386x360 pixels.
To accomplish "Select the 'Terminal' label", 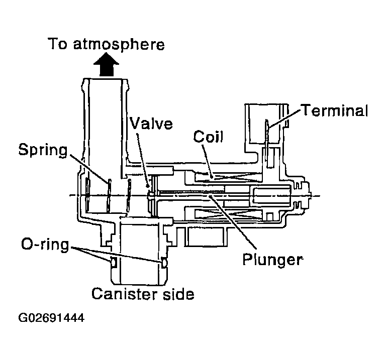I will [x=334, y=110].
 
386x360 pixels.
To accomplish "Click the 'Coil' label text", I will [x=208, y=137].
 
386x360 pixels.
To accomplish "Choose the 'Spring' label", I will [x=43, y=150].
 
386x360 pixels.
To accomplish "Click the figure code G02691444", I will [x=51, y=318].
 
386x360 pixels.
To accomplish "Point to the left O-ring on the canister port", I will [x=113, y=262].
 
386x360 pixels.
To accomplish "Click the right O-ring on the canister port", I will [x=164, y=263].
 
